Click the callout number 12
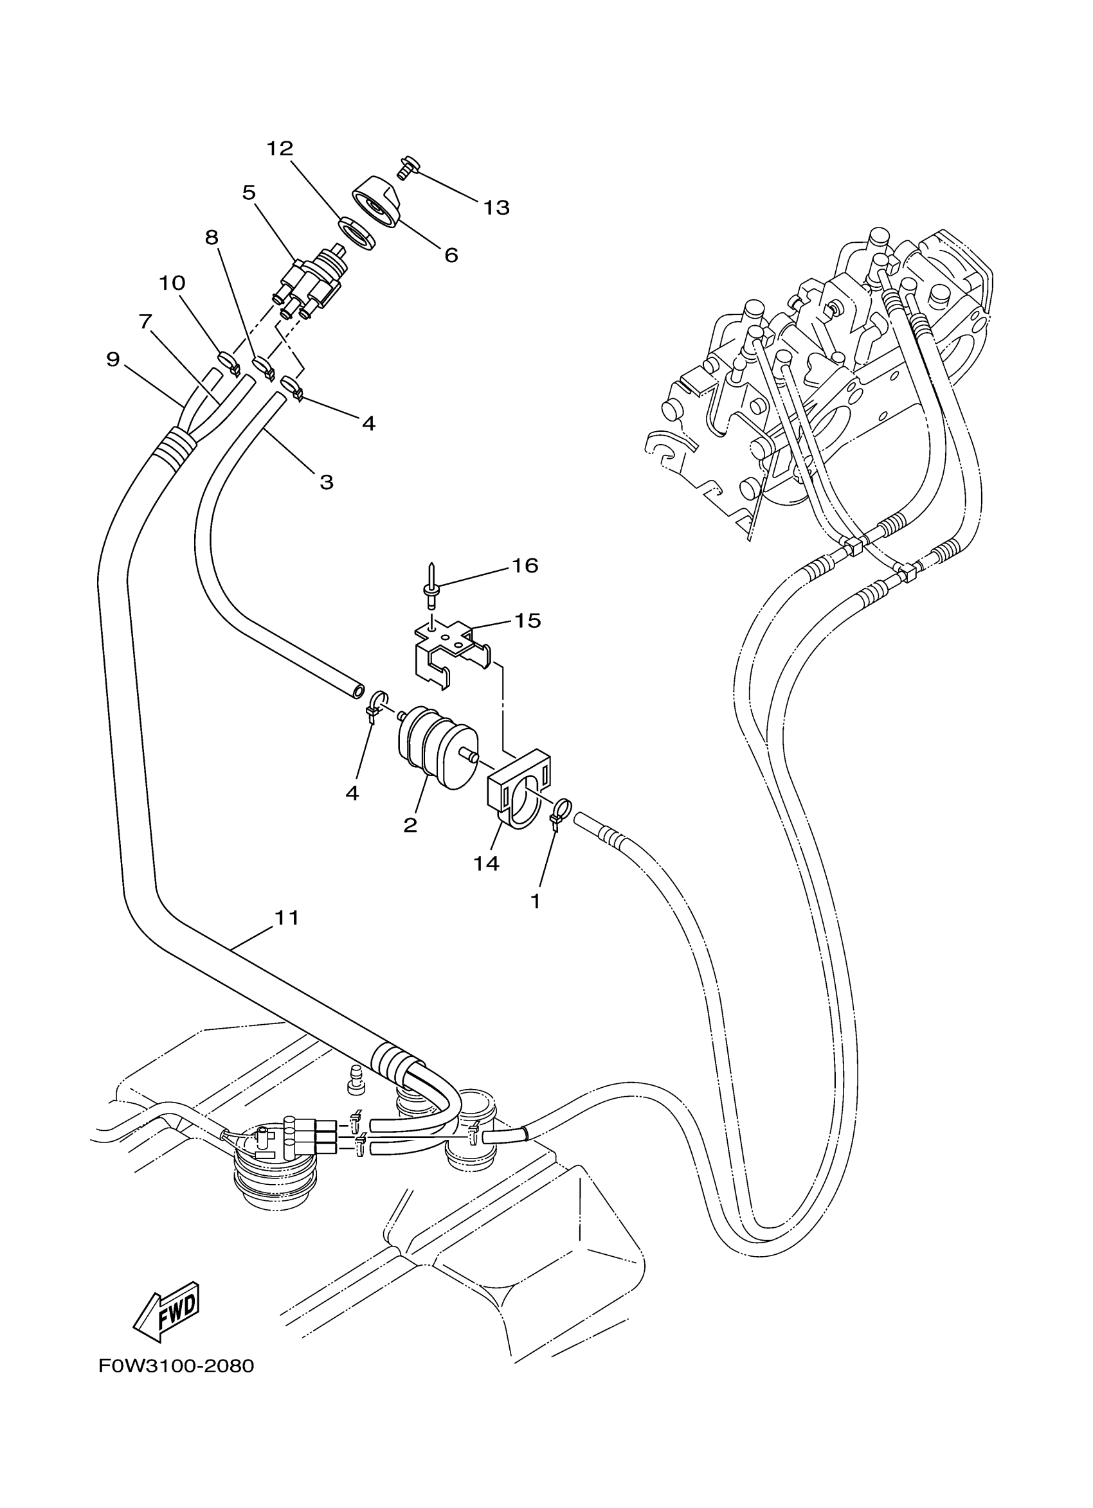pyautogui.click(x=280, y=149)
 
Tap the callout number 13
pyautogui.click(x=496, y=208)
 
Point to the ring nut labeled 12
pyautogui.click(x=356, y=233)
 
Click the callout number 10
pyautogui.click(x=172, y=283)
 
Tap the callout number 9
pyautogui.click(x=113, y=360)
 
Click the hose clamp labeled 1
pyautogui.click(x=559, y=813)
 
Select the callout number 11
pyautogui.click(x=287, y=917)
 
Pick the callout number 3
pyautogui.click(x=326, y=482)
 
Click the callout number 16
pyautogui.click(x=524, y=565)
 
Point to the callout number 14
pyautogui.click(x=486, y=863)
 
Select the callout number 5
pyautogui.click(x=249, y=193)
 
